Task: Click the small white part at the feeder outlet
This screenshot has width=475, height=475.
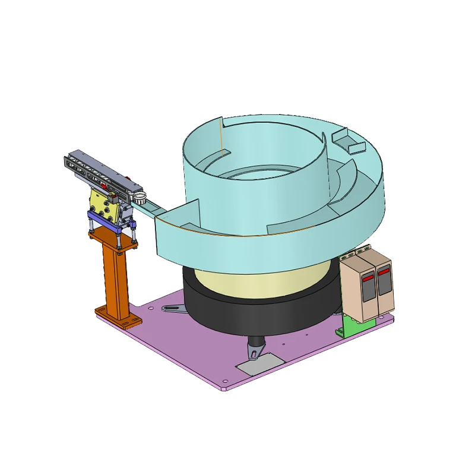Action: click(139, 197)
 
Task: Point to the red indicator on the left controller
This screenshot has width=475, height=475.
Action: click(368, 277)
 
